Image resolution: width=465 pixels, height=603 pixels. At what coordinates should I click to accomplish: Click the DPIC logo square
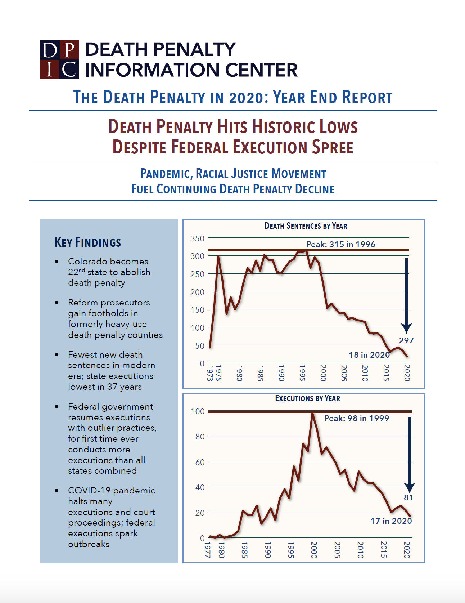[x=59, y=59]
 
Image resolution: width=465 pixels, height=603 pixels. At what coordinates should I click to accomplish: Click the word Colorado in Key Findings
[x=88, y=261]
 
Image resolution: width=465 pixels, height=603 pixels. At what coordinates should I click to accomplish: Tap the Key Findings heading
[x=88, y=242]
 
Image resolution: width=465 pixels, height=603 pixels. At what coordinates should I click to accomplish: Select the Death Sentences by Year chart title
[x=306, y=226]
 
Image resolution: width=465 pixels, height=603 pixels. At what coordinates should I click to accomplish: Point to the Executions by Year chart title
[x=307, y=398]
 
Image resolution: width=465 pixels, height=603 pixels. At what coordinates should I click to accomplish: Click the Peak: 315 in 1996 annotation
[x=340, y=244]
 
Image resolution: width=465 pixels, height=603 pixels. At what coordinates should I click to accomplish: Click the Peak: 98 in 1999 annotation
[x=356, y=418]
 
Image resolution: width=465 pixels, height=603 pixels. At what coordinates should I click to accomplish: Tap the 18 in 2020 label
[x=369, y=355]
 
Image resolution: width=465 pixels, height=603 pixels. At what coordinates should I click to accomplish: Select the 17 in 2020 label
[x=391, y=521]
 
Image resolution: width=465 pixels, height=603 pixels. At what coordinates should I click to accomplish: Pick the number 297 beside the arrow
[x=406, y=340]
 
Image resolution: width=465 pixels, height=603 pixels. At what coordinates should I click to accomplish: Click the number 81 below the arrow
[x=408, y=497]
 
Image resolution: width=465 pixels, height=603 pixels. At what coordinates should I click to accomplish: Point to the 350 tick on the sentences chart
[x=197, y=238]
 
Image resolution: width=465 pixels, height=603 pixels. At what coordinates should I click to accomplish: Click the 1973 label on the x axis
[x=210, y=373]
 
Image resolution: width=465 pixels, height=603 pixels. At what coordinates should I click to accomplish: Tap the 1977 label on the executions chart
[x=208, y=550]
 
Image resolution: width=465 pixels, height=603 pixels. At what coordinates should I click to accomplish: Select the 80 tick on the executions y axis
[x=200, y=437]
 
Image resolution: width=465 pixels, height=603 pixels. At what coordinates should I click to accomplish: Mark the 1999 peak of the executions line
[x=312, y=414]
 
